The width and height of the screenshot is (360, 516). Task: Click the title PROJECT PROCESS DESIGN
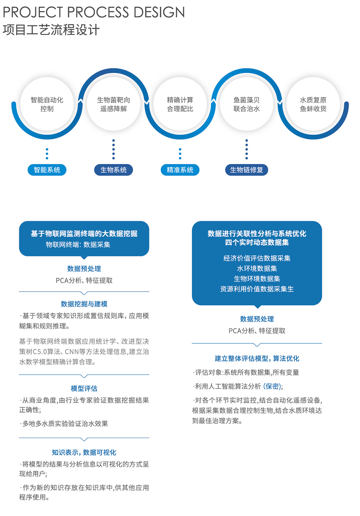click(x=94, y=12)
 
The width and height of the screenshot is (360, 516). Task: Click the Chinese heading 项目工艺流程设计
click(x=51, y=30)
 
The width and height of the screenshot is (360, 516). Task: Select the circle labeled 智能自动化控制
click(x=47, y=104)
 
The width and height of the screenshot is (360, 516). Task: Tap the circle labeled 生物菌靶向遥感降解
click(x=113, y=104)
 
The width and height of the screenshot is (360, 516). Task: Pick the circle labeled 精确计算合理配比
click(x=180, y=104)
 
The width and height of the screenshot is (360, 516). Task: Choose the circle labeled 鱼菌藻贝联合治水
click(x=247, y=104)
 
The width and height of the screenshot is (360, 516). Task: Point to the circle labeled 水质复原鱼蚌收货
click(x=313, y=104)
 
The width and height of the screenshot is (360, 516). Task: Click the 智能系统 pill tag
click(x=47, y=170)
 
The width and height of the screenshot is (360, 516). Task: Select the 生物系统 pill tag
click(x=113, y=170)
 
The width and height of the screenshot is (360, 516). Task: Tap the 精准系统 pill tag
click(x=180, y=170)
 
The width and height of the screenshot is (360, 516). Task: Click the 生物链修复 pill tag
click(x=247, y=170)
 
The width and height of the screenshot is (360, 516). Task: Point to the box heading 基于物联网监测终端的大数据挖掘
click(x=84, y=233)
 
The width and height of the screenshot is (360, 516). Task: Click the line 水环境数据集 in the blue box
click(x=257, y=268)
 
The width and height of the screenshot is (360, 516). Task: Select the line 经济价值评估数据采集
click(x=257, y=258)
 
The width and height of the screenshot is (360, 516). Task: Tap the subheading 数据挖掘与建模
click(x=84, y=304)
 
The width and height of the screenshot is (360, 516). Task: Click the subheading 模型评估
click(x=84, y=388)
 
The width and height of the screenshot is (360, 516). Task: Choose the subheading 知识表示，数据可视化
click(x=84, y=452)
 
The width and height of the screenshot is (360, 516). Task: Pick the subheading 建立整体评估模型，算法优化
click(x=257, y=358)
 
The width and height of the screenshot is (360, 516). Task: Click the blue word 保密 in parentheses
click(x=273, y=386)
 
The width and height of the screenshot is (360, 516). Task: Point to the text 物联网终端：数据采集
click(x=78, y=245)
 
